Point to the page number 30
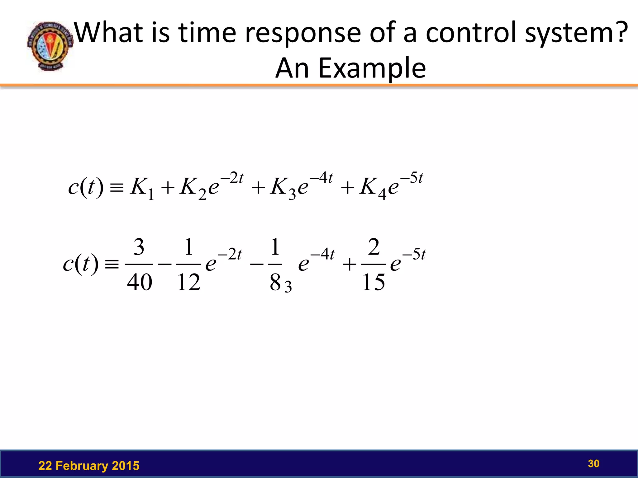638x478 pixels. (593, 463)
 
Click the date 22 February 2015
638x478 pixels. (89, 466)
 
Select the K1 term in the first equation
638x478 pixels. (142, 188)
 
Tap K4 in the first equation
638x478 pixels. (373, 188)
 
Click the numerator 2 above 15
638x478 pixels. (374, 247)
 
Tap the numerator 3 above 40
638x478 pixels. (139, 247)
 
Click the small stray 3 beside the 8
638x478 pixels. (288, 287)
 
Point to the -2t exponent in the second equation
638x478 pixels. (230, 254)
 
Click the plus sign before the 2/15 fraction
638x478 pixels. (349, 265)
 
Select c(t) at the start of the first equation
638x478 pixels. (85, 187)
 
